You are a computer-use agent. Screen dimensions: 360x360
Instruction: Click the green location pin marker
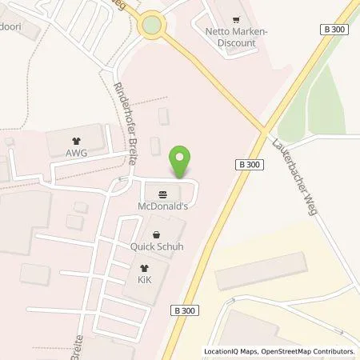[182, 162]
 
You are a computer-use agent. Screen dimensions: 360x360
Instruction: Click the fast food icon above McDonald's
[164, 194]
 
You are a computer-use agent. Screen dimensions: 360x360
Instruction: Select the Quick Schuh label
[157, 246]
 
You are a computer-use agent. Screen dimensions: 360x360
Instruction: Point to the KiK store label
[144, 282]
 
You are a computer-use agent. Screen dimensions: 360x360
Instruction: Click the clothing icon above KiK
[144, 269]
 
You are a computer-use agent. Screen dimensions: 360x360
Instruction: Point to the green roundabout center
[150, 26]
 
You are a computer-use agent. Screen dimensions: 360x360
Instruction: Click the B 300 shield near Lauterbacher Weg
[248, 163]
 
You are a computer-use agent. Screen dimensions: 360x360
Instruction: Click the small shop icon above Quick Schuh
[158, 234]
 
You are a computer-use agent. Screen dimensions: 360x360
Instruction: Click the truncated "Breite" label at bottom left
[77, 336]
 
